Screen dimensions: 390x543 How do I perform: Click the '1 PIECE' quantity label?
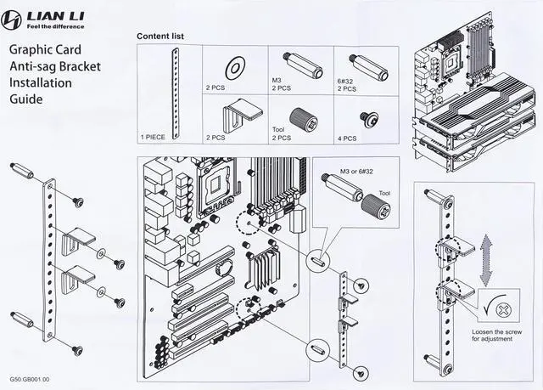coord(154,136)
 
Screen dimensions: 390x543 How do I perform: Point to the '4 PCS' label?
coord(348,136)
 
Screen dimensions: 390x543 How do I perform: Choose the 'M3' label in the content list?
coord(277,79)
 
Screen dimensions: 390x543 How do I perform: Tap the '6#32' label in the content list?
coord(344,79)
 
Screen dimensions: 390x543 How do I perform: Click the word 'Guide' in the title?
coord(27,99)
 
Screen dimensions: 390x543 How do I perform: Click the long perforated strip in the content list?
coord(177,91)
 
